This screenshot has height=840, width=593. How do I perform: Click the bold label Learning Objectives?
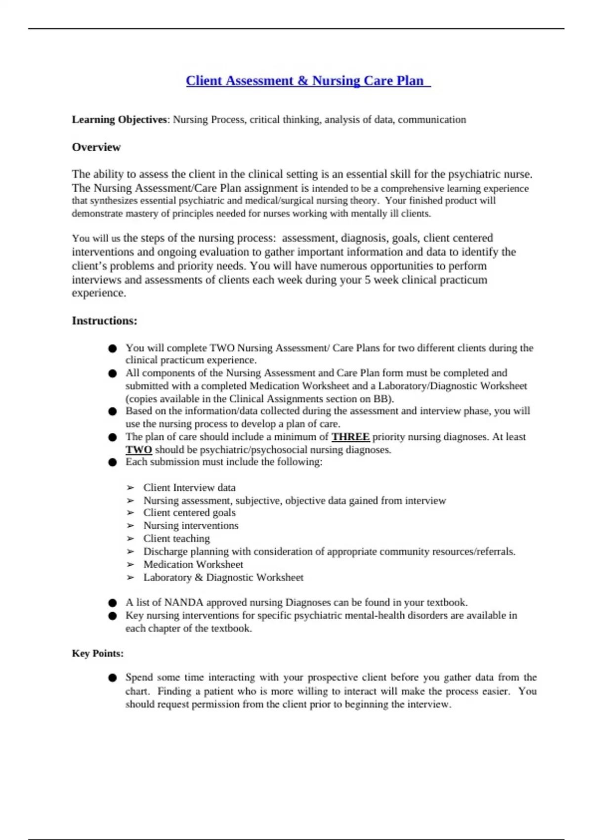click(120, 120)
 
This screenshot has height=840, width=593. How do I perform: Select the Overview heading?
click(96, 147)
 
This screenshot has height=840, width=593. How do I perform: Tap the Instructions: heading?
click(104, 321)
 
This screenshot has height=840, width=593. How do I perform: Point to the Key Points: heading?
click(97, 653)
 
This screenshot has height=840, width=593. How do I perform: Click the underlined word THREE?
click(350, 437)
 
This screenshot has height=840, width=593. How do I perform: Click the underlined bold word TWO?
click(138, 450)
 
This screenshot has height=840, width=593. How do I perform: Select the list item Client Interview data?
click(189, 488)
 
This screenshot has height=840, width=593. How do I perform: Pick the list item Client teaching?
click(176, 539)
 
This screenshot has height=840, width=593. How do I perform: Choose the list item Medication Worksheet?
click(193, 564)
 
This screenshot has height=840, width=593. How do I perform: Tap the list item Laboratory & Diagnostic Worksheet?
click(223, 577)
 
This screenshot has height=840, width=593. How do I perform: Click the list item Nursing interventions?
click(191, 526)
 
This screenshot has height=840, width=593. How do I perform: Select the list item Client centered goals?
click(189, 513)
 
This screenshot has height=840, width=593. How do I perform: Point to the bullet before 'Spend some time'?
click(113, 678)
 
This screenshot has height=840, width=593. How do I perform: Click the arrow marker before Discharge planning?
click(130, 551)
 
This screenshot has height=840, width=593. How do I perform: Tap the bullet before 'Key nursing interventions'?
click(113, 616)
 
